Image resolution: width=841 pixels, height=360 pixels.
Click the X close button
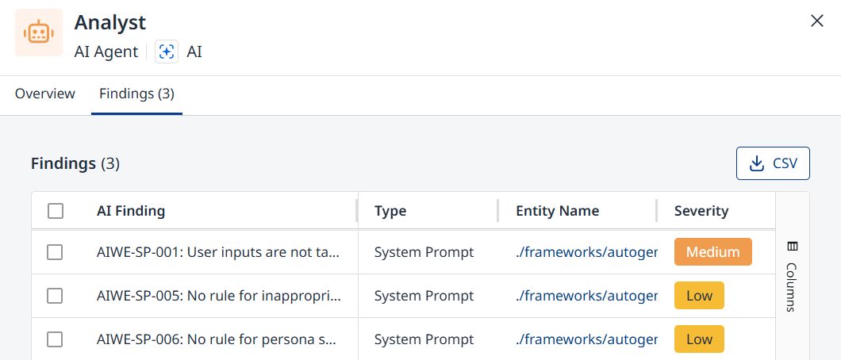[x=817, y=21]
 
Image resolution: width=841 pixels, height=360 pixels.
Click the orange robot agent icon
[x=39, y=33]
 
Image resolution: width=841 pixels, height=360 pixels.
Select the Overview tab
[x=45, y=94]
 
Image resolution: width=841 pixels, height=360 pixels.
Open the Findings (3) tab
[x=136, y=94]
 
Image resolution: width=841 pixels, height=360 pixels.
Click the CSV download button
[x=773, y=163]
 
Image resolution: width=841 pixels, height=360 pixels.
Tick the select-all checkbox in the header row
[x=56, y=211]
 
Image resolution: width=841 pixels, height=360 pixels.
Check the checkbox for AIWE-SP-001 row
[x=56, y=252]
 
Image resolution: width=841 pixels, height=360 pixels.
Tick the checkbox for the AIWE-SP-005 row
[x=56, y=296]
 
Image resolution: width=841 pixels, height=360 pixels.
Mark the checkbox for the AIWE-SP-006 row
[x=56, y=339]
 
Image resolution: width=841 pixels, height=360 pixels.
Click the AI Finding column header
[x=131, y=211]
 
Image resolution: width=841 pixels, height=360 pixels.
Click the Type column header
[x=390, y=211]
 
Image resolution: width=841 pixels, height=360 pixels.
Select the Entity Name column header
[x=557, y=211]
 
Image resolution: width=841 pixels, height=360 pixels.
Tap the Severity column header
[x=701, y=211]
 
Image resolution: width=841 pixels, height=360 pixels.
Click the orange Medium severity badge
[x=712, y=252]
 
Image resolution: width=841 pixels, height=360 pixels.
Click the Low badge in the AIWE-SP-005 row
[x=700, y=296]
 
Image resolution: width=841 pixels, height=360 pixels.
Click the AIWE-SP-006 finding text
[x=217, y=339]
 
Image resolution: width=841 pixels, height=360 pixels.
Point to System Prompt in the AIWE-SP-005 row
[x=424, y=296]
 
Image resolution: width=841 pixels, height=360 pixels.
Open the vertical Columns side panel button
[x=792, y=277]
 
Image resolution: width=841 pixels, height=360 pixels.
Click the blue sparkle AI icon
[x=167, y=52]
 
